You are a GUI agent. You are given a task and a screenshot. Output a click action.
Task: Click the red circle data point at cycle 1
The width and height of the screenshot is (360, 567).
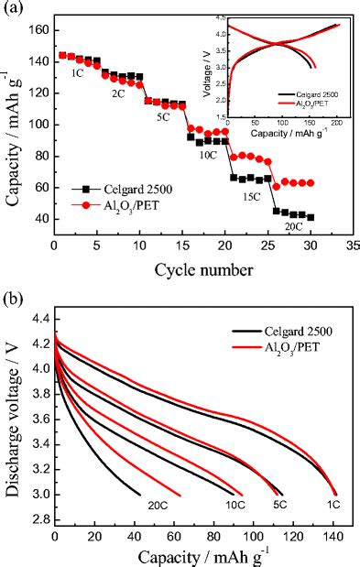tap(62, 55)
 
